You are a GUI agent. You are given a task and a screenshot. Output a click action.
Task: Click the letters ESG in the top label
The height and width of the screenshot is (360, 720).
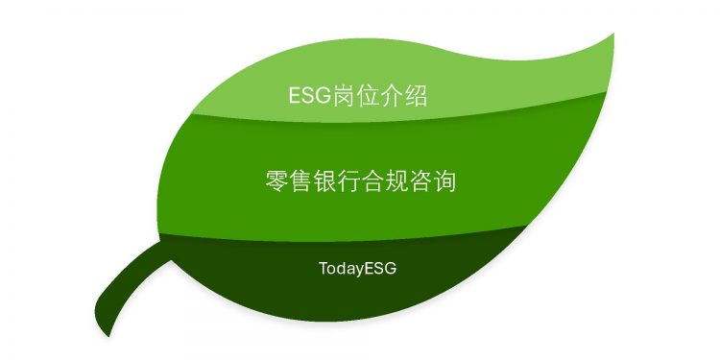pos(308,96)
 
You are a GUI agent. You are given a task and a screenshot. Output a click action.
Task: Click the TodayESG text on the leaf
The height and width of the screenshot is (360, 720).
pos(358,269)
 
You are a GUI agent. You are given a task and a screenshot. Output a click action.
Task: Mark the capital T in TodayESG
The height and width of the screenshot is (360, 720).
pos(324,268)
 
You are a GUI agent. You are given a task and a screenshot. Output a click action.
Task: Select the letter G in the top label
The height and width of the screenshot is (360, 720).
pos(323,96)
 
